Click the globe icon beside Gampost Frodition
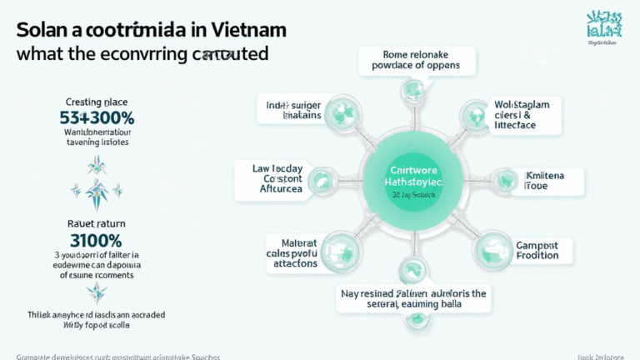click(491, 248)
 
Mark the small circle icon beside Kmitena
click(505, 181)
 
